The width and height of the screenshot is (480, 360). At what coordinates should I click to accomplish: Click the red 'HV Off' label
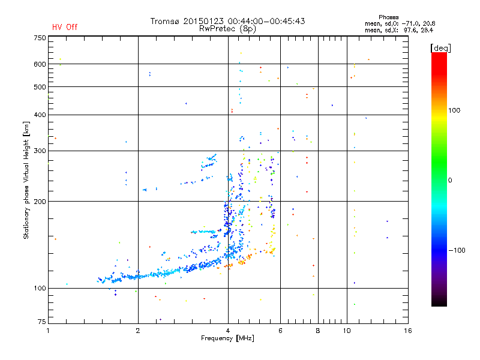pos(64,27)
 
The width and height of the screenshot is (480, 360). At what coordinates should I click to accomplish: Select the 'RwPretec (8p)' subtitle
pos(227,28)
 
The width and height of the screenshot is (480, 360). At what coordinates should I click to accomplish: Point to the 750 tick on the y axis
pos(40,38)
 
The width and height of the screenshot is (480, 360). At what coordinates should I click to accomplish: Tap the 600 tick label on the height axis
pos(40,64)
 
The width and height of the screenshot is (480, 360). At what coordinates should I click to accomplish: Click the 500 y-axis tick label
pos(40,86)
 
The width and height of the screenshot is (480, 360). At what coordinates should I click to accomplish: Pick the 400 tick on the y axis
pos(40,115)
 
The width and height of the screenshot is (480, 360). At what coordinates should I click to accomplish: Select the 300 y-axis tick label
pos(40,151)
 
